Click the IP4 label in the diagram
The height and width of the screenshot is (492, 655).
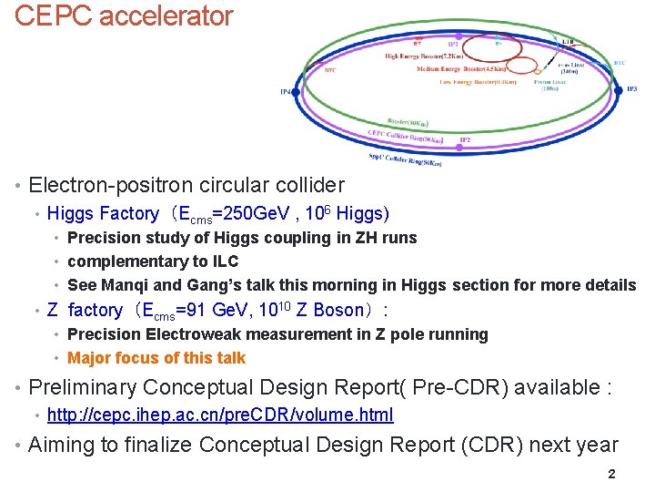287,92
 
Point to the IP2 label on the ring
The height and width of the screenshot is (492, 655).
465,140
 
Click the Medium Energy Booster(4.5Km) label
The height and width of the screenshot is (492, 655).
464,69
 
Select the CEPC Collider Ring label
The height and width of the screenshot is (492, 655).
405,138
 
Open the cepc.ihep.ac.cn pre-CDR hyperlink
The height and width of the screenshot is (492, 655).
220,415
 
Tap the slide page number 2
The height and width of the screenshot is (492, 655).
611,474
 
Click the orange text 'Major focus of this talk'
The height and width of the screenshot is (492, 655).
156,358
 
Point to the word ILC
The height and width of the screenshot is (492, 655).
223,261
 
